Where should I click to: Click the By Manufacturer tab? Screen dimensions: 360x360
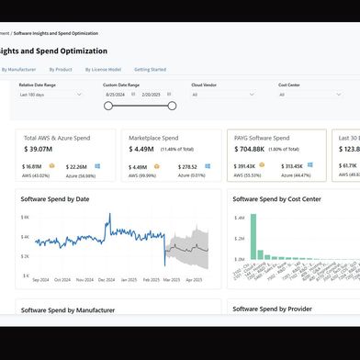click(17, 69)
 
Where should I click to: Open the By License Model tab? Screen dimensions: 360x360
click(103, 69)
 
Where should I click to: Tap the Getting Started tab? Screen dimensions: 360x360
click(151, 69)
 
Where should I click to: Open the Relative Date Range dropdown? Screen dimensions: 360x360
click(54, 94)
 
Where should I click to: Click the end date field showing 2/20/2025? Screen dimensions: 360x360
click(152, 94)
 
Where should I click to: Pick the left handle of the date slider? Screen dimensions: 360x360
click(108, 106)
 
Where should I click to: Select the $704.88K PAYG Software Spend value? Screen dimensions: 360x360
click(250, 148)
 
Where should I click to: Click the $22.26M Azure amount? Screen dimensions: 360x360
click(78, 166)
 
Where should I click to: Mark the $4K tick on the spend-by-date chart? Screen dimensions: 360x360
click(26, 218)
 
